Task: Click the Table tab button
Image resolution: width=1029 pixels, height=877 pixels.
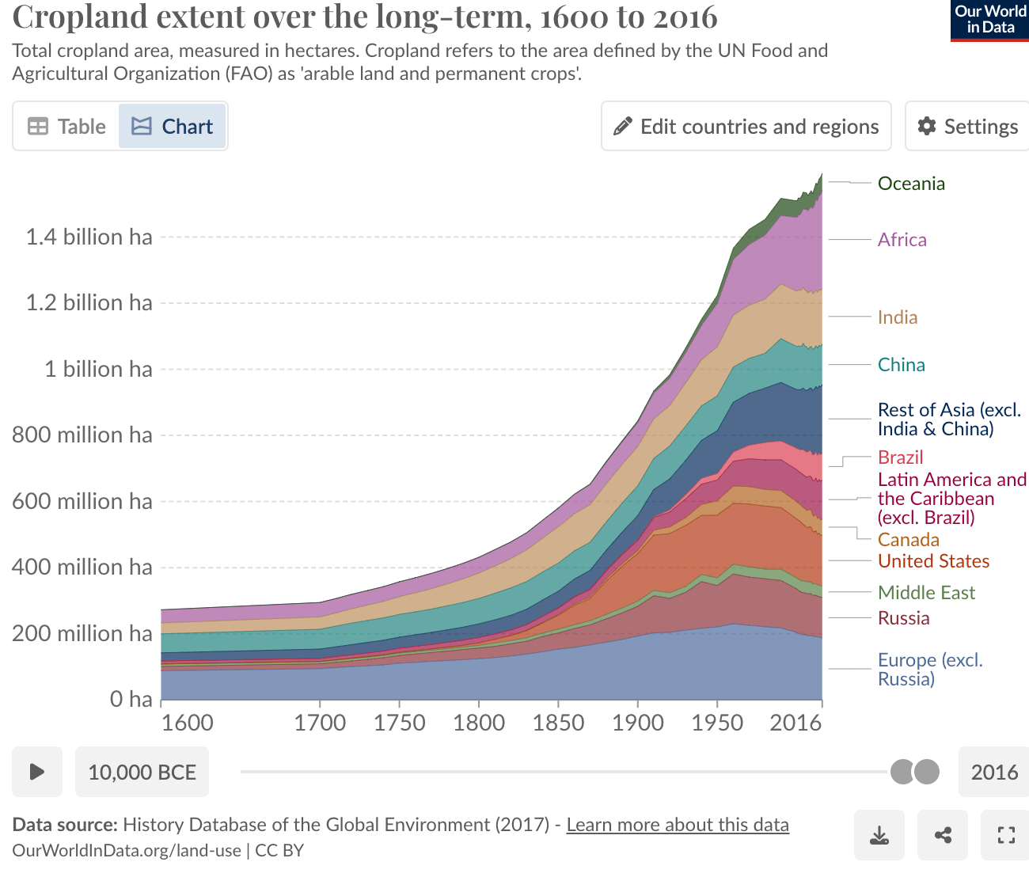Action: (x=66, y=127)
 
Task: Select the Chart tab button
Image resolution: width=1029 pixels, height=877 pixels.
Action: (x=173, y=127)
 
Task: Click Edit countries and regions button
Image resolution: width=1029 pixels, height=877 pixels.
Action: (x=746, y=127)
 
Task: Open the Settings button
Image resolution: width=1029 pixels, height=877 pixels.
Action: (x=967, y=127)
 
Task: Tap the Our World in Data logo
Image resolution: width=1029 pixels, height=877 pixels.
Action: (x=989, y=21)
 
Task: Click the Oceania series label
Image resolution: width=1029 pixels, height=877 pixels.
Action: (x=911, y=184)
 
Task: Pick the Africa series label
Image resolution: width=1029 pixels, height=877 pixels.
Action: (x=902, y=240)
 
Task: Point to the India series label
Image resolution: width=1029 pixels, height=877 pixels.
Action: (x=898, y=317)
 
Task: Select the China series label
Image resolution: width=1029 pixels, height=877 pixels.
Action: (x=901, y=365)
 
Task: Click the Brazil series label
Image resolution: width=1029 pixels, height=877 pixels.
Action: (x=900, y=457)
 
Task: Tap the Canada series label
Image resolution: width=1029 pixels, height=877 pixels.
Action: (x=908, y=540)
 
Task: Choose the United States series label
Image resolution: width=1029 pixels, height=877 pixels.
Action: (x=933, y=561)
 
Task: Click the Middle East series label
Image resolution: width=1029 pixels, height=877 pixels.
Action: (x=926, y=593)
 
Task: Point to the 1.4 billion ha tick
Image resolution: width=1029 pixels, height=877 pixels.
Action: (x=89, y=237)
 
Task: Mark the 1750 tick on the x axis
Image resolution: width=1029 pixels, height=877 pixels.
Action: (x=399, y=723)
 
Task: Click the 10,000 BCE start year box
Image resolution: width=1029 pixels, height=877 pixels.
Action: (x=142, y=772)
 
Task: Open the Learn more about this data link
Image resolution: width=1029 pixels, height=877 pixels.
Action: (x=678, y=825)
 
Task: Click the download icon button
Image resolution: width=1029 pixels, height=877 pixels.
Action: (x=879, y=835)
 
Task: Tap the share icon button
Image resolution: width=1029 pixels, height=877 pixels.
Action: (x=943, y=835)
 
